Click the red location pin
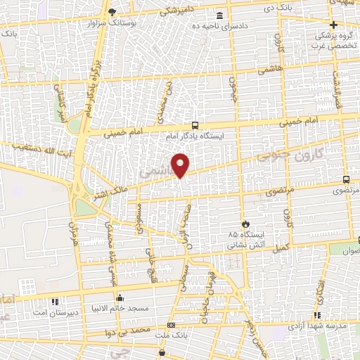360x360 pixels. (x=181, y=165)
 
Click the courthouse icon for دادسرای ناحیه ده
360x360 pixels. (x=220, y=15)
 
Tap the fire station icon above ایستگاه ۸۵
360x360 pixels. (x=244, y=222)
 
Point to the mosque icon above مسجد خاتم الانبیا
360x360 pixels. (x=120, y=297)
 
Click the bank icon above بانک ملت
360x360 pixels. (x=171, y=326)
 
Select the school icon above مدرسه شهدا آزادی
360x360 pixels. (x=317, y=315)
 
